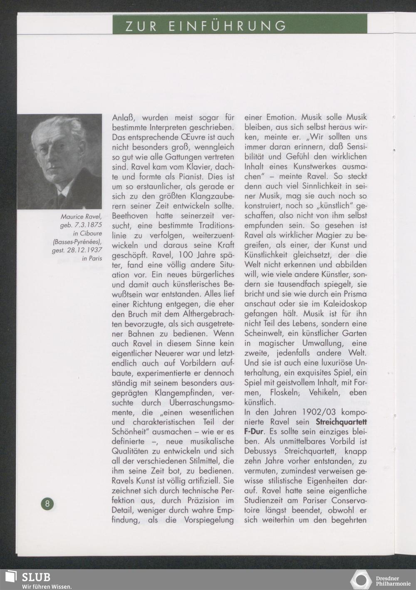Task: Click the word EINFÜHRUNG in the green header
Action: pyautogui.click(x=228, y=26)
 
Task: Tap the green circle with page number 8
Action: pyautogui.click(x=47, y=504)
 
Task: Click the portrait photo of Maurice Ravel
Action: pyautogui.click(x=59, y=161)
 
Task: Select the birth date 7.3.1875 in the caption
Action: pyautogui.click(x=88, y=225)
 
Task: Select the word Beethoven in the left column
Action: pyautogui.click(x=130, y=216)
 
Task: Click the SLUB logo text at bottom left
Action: pyautogui.click(x=36, y=577)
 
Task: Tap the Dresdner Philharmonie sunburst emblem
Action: pyautogui.click(x=360, y=580)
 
